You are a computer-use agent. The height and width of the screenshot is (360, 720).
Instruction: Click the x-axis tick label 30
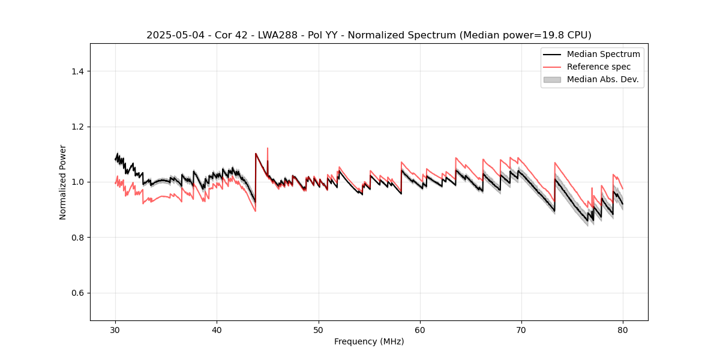(x=115, y=330)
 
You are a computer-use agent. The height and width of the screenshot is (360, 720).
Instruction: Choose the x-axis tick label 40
(x=217, y=330)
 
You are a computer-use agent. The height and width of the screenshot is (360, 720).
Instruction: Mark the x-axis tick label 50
(x=318, y=330)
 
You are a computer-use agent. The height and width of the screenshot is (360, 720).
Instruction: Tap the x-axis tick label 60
(x=420, y=330)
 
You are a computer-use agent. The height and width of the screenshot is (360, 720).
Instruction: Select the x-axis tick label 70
(x=521, y=330)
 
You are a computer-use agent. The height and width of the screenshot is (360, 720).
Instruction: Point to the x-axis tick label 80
(x=623, y=330)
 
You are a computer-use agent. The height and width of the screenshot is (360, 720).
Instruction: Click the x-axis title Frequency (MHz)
(x=369, y=341)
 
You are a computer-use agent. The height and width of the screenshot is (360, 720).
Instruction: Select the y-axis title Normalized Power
(x=63, y=182)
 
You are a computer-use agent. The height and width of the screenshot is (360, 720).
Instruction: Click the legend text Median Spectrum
(x=603, y=54)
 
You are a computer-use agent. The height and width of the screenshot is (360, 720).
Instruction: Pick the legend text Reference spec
(x=598, y=67)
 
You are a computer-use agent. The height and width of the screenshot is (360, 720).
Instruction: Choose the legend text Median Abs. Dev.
(x=602, y=79)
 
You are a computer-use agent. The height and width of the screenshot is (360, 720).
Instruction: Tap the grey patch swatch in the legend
(x=552, y=79)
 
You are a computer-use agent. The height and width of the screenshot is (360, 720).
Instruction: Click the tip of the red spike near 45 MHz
(x=268, y=148)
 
